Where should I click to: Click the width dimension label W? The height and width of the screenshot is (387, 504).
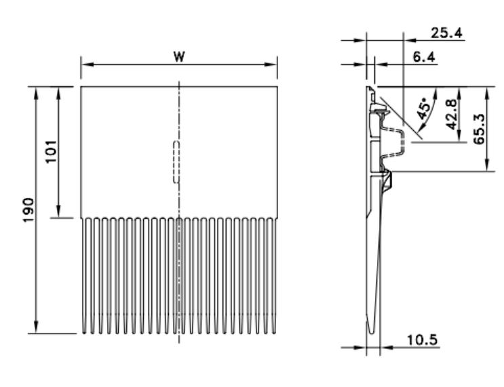tap(179, 57)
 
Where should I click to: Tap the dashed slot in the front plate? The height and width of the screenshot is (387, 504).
tap(176, 162)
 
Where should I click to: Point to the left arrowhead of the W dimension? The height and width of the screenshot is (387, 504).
tap(84, 66)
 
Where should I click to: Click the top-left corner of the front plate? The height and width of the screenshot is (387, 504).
tap(81, 87)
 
